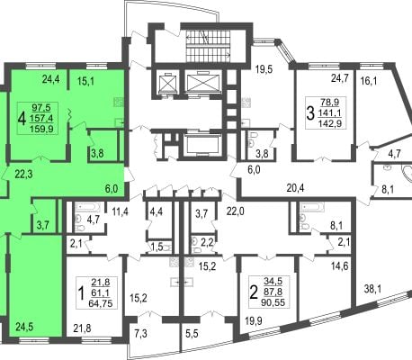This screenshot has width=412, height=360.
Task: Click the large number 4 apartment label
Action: [22, 119]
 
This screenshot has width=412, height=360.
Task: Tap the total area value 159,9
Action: [41, 129]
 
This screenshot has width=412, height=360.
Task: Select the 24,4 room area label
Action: [51, 79]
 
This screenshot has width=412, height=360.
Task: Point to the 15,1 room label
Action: [85, 81]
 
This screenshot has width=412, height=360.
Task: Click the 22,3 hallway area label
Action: [23, 174]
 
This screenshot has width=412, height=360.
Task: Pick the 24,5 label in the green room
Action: [24, 327]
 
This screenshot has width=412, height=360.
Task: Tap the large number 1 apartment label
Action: [81, 293]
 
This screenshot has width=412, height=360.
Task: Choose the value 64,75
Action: [101, 303]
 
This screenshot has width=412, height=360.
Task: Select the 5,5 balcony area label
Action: [192, 333]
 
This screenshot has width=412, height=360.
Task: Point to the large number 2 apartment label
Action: [254, 292]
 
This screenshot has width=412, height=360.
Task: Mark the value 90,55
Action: [273, 301]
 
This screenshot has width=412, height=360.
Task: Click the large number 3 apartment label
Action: [310, 112]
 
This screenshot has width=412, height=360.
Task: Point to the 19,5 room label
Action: [264, 69]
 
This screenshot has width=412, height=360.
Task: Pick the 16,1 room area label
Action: [369, 81]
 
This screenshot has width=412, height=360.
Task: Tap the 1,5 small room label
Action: [157, 247]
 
